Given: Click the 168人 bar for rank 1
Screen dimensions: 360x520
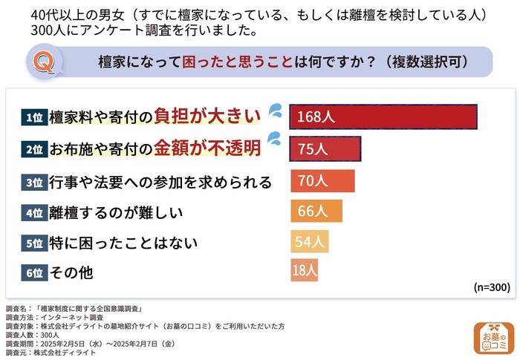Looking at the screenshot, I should tap(383, 117).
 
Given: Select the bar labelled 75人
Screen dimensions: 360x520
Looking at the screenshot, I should tap(325, 149).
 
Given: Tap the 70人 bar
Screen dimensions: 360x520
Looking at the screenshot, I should tap(322, 181).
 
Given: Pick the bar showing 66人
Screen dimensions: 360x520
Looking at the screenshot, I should tap(316, 212).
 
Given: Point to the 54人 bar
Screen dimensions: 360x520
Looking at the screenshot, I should tap(309, 242).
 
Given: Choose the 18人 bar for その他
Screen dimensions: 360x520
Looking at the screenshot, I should tap(304, 272).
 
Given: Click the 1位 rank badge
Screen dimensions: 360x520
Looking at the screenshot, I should tap(34, 117).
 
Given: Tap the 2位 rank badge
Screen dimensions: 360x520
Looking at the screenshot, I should tap(34, 149).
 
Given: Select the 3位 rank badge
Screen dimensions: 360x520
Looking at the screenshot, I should tap(34, 182).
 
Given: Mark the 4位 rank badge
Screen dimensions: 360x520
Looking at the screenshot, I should tap(34, 212).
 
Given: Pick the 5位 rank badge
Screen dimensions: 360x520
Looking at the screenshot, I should tap(34, 243).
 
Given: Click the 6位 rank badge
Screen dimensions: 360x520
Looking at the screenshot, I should tap(34, 272).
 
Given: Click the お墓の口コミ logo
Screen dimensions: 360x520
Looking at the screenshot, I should tap(493, 338).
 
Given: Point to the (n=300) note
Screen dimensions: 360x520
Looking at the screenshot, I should tap(490, 287).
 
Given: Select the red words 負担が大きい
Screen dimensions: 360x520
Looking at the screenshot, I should tap(207, 117).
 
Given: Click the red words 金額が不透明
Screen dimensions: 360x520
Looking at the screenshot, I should tap(207, 149).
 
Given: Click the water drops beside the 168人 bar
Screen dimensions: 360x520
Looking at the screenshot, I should tap(275, 111).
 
